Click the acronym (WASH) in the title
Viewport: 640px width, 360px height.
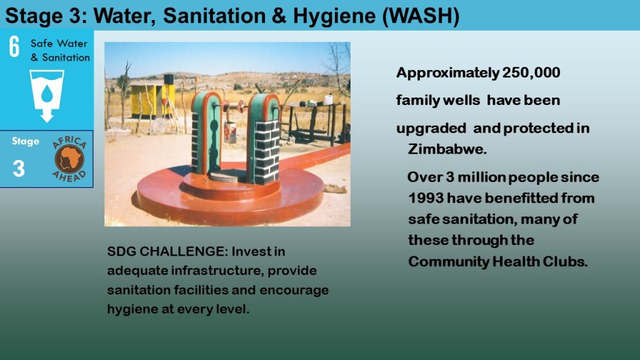(421, 16)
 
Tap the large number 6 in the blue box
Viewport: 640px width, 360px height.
(14, 46)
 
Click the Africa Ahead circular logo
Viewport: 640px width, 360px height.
(69, 159)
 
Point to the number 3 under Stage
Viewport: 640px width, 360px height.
(19, 168)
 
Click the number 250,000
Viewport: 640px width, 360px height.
(531, 72)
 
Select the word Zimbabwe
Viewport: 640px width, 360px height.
(447, 149)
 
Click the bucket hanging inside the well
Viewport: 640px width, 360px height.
(230, 132)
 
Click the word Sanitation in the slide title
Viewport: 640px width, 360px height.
(214, 16)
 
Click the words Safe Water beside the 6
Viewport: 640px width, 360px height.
(59, 43)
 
